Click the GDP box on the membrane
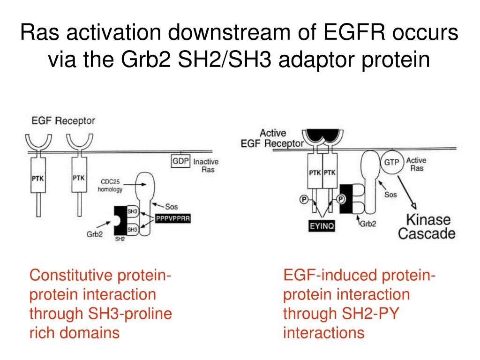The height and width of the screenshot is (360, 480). pyautogui.click(x=180, y=162)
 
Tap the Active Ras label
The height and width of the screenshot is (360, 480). pyautogui.click(x=416, y=164)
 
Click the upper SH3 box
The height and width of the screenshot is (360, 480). pyautogui.click(x=132, y=212)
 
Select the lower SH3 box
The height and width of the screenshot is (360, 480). pyautogui.click(x=132, y=229)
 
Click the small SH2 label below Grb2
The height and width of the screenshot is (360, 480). pyautogui.click(x=120, y=239)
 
